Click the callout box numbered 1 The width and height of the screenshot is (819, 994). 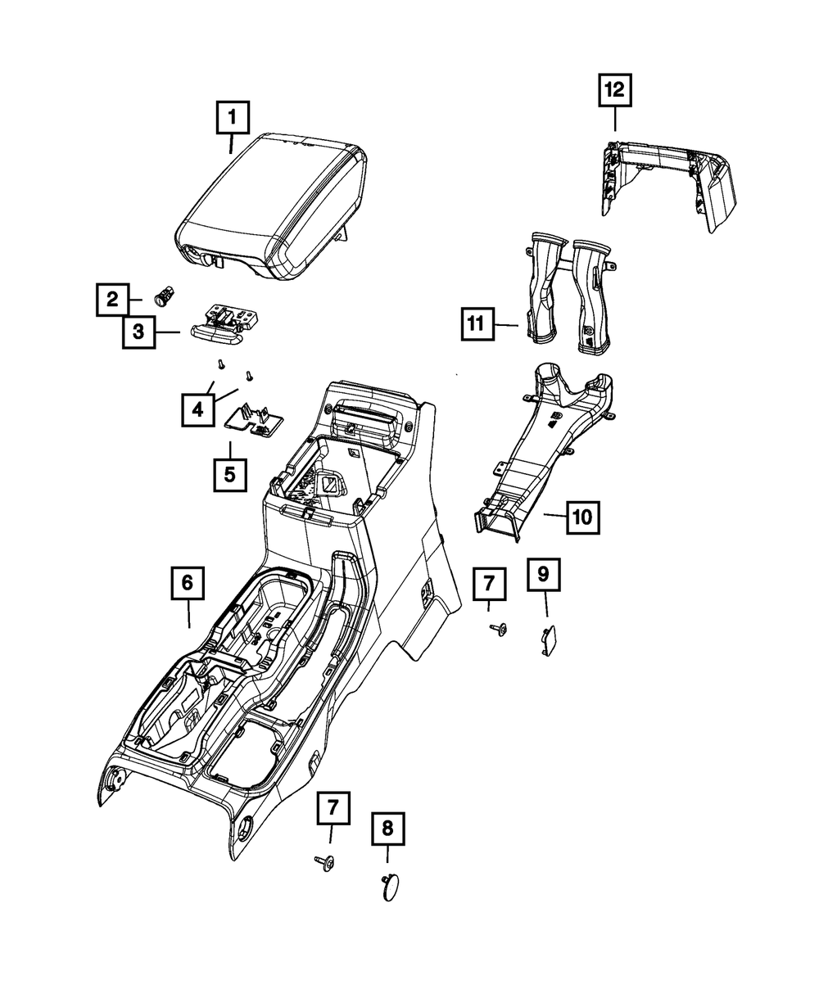pos(232,118)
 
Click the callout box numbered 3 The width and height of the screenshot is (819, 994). pos(138,332)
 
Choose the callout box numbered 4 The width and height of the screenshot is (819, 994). pos(197,408)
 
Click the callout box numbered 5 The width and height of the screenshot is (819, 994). pos(229,473)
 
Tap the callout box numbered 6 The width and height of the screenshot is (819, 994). pos(187,584)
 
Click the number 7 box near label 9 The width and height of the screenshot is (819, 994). pos(489,584)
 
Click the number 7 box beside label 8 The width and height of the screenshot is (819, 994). pos(333,806)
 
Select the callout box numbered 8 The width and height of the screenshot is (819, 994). pos(387,829)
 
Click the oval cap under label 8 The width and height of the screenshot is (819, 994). pos(391,887)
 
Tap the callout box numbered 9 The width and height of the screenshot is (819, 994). pos(544,575)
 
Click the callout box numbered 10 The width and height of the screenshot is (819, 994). pos(581,517)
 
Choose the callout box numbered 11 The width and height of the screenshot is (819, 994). pos(477,323)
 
